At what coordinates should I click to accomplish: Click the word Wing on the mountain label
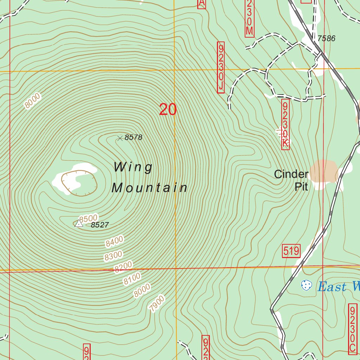133,167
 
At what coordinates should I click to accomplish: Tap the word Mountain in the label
149,188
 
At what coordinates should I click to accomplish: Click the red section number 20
168,109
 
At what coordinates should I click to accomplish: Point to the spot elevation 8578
133,137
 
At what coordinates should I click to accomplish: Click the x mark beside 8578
120,138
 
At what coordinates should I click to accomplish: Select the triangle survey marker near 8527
79,224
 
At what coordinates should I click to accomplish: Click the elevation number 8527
99,225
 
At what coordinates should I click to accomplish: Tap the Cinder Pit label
291,180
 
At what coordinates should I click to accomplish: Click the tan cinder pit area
323,172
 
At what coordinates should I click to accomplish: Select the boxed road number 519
291,251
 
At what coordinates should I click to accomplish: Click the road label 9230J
221,68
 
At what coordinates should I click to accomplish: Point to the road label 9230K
285,124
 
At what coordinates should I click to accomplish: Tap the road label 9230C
352,329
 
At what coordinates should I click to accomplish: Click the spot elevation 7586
326,39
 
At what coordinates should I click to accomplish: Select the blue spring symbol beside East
307,285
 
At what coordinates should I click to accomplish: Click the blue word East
332,287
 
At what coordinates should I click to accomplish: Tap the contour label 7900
156,304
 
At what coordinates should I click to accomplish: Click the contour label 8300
113,256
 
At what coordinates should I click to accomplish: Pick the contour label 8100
132,278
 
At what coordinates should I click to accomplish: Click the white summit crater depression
79,181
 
